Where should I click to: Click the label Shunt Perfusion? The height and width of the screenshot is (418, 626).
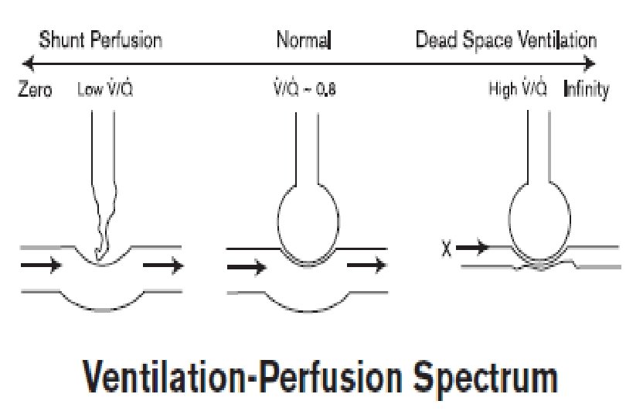[x=100, y=40]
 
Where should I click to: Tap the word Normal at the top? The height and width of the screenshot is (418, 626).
[x=304, y=40]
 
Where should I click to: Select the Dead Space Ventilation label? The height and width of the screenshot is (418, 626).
[x=505, y=40]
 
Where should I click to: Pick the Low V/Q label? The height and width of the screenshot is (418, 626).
[x=107, y=88]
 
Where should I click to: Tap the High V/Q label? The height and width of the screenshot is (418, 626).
[x=518, y=88]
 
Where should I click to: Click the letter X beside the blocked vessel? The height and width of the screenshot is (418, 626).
[x=444, y=248]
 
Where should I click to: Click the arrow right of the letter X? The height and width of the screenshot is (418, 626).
[x=473, y=248]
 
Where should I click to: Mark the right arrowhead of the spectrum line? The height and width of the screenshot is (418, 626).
[x=592, y=63]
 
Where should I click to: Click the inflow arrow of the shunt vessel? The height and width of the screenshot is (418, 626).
[x=40, y=266]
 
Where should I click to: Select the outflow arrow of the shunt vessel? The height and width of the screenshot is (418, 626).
[x=164, y=266]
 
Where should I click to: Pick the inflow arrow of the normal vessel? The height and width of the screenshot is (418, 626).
[x=247, y=267]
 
